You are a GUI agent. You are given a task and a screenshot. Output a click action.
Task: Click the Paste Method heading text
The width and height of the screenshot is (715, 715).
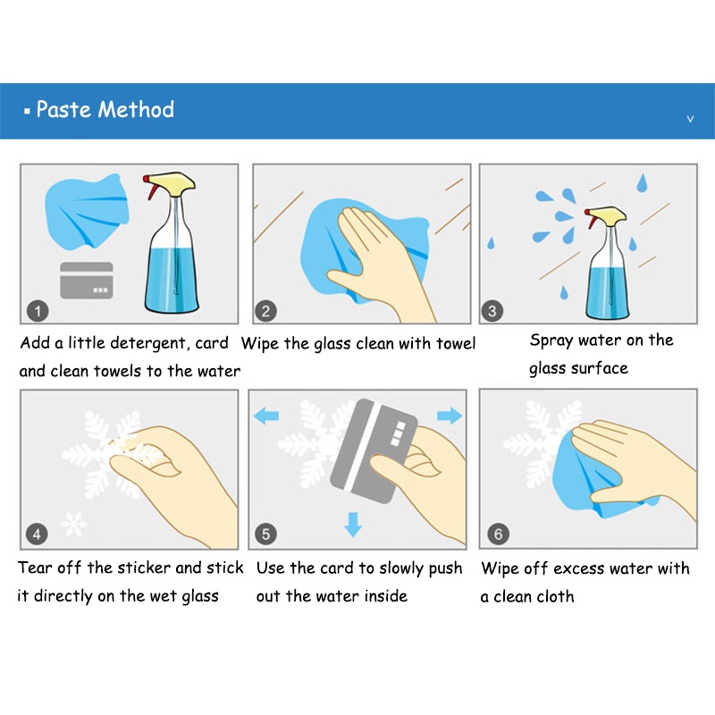[105, 109]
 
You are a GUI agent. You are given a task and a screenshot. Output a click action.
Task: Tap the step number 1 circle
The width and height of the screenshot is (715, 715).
[38, 311]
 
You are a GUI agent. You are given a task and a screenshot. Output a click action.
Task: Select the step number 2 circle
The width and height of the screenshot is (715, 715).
[265, 311]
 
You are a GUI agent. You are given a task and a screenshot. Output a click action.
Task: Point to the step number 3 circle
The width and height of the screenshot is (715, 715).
[492, 311]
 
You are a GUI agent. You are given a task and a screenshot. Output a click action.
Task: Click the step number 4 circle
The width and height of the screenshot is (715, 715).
[37, 534]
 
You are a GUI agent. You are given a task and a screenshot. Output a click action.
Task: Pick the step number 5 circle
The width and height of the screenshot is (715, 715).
[265, 534]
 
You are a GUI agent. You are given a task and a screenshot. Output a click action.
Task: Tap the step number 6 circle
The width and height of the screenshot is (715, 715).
[498, 534]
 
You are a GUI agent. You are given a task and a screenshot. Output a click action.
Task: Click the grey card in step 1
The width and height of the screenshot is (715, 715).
[87, 281]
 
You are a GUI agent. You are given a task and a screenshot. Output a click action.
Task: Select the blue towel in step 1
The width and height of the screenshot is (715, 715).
[87, 212]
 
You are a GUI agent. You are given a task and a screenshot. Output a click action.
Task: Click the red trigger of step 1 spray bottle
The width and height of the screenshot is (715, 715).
[150, 187]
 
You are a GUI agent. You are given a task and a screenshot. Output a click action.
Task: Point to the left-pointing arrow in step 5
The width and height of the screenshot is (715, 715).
[266, 416]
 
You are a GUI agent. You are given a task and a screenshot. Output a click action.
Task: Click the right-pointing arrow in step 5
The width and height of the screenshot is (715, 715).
[450, 416]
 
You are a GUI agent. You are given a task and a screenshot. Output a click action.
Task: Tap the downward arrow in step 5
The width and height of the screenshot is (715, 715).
[353, 525]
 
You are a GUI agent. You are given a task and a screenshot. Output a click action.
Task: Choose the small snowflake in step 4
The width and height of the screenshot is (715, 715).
[74, 524]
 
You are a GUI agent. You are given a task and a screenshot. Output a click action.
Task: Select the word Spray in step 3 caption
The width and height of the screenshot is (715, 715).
[551, 341]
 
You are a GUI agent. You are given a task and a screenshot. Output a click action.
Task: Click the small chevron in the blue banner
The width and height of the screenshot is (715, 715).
[690, 119]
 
